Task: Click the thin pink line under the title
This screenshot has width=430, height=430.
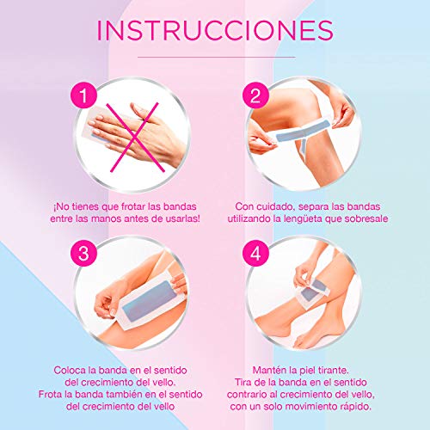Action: tap(215, 52)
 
